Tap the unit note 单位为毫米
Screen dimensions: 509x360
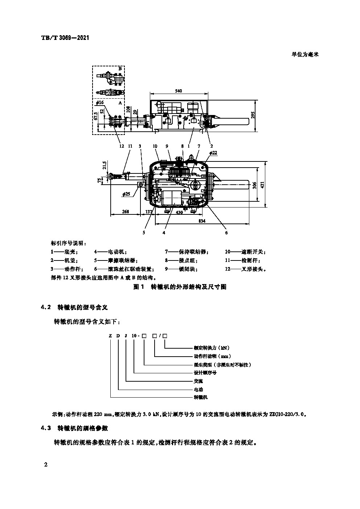[305, 54]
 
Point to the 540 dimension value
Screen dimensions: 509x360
[178, 91]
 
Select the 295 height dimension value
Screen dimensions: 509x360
[253, 115]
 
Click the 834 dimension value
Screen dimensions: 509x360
[202, 221]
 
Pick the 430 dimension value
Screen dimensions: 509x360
[179, 213]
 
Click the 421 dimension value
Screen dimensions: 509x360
[267, 184]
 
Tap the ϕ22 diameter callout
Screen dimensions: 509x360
[213, 153]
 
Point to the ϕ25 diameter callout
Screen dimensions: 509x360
[126, 194]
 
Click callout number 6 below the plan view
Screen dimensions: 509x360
[226, 233]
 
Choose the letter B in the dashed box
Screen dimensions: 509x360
[120, 69]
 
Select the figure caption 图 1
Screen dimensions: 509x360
[139, 287]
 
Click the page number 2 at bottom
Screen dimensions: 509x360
[45, 465]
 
